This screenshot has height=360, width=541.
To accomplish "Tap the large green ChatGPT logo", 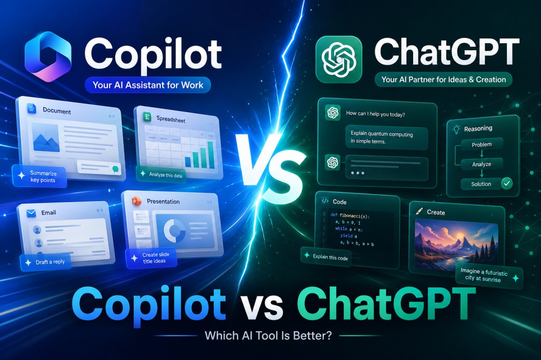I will click(339, 59).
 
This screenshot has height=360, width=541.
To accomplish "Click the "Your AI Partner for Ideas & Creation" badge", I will click(443, 79).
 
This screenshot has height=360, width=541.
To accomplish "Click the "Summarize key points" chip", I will click(40, 177).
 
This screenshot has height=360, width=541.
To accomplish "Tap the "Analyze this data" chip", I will click(162, 174).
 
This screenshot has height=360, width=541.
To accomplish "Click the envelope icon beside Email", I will click(31, 213).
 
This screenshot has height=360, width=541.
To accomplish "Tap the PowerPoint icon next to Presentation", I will click(135, 201).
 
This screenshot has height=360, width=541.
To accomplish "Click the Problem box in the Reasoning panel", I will click(482, 144).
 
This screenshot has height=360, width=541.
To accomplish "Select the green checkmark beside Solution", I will click(506, 184).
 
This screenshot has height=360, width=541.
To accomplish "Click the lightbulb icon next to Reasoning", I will click(456, 129).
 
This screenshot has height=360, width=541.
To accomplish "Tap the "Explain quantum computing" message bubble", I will click(385, 138).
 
